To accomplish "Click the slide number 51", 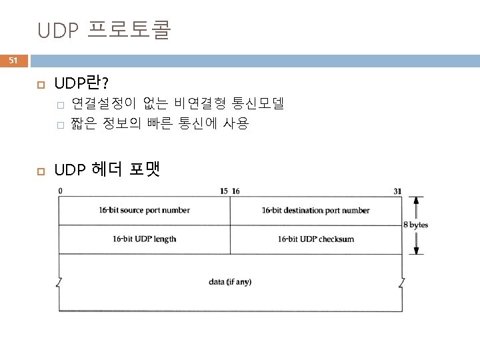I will pyautogui.click(x=13, y=61).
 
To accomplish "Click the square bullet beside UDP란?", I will pyautogui.click(x=39, y=85).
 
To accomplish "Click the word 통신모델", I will pyautogui.click(x=258, y=103).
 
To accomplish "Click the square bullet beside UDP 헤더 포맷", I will pyautogui.click(x=39, y=170).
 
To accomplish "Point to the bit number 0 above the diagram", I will pyautogui.click(x=61, y=191).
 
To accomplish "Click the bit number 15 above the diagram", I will pyautogui.click(x=223, y=191).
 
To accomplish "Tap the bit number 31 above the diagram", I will pyautogui.click(x=397, y=191).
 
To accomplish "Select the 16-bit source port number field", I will pyautogui.click(x=145, y=211).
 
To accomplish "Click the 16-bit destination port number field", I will pyautogui.click(x=315, y=211).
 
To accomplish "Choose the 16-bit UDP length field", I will pyautogui.click(x=145, y=239).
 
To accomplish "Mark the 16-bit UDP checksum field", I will pyautogui.click(x=315, y=239).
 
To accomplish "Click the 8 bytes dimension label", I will pyautogui.click(x=416, y=225).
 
